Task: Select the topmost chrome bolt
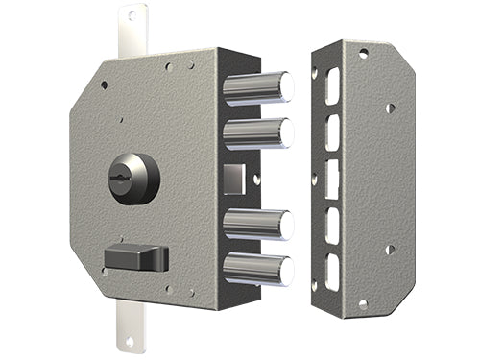(255, 86)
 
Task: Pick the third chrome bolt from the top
(255, 224)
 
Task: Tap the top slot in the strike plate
(333, 86)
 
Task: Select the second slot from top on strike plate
(333, 132)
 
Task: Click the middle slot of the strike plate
(333, 179)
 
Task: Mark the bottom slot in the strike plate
(333, 272)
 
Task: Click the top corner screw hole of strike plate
(362, 54)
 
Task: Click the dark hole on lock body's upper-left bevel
(104, 84)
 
